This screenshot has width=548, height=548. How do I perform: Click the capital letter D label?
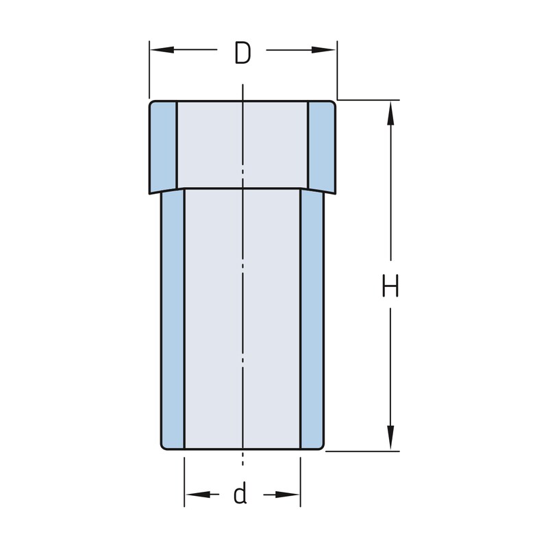tap(242, 53)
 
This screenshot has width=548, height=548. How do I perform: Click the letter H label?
tap(390, 286)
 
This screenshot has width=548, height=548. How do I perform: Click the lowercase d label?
tap(240, 493)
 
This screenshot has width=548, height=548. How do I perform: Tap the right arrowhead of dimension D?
tap(323, 50)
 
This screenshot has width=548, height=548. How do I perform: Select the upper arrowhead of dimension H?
tap(390, 113)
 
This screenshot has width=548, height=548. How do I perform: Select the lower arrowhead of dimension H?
tap(390, 438)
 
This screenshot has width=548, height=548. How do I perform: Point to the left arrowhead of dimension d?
tap(197, 495)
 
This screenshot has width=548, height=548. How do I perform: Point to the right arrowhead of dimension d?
tap(287, 495)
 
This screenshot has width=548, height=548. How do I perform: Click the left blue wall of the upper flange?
tap(163, 147)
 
